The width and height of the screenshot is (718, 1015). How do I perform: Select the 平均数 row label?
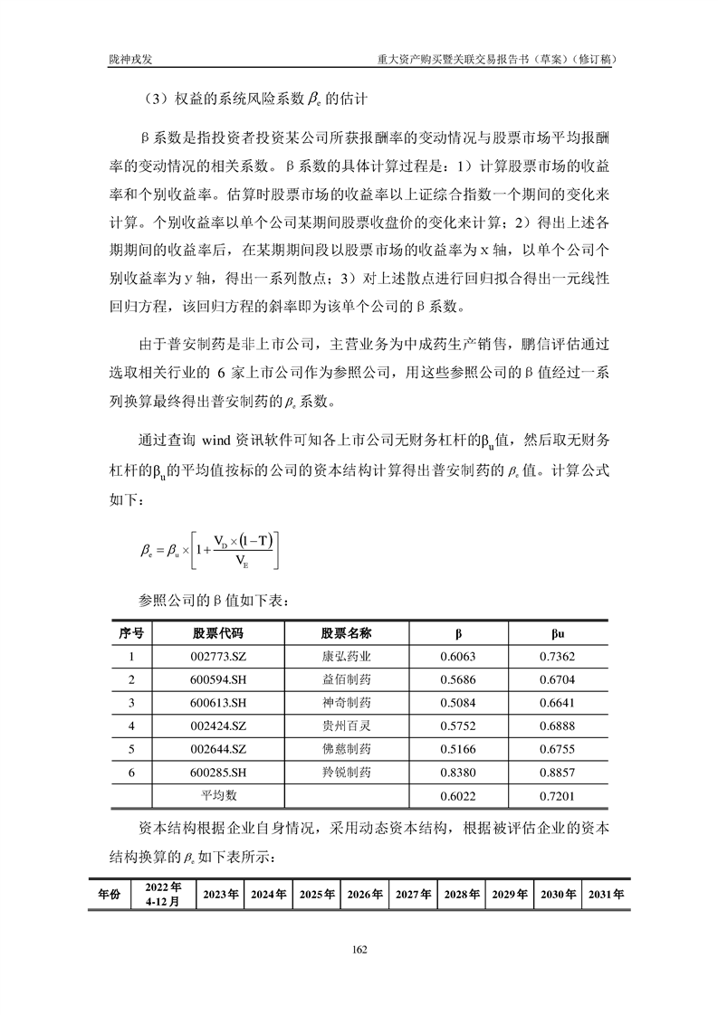point(217,796)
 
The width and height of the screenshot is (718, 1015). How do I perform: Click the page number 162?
point(359,949)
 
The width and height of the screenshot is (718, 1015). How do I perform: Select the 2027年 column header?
point(413,894)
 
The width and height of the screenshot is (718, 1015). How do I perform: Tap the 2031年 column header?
point(606,894)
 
